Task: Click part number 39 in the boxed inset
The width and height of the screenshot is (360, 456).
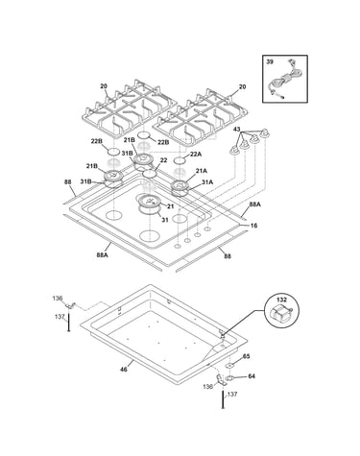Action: (270, 62)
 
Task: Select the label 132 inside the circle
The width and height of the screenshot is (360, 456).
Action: (282, 300)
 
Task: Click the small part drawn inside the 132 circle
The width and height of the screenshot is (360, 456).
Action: (281, 313)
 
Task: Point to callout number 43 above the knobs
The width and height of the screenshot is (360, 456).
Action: (236, 130)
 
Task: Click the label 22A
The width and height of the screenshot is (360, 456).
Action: (196, 154)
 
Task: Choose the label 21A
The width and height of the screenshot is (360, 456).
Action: (202, 171)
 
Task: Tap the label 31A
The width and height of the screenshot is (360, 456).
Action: (207, 182)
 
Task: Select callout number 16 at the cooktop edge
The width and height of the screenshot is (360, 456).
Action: (253, 226)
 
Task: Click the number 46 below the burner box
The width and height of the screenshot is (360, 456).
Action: (124, 370)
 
